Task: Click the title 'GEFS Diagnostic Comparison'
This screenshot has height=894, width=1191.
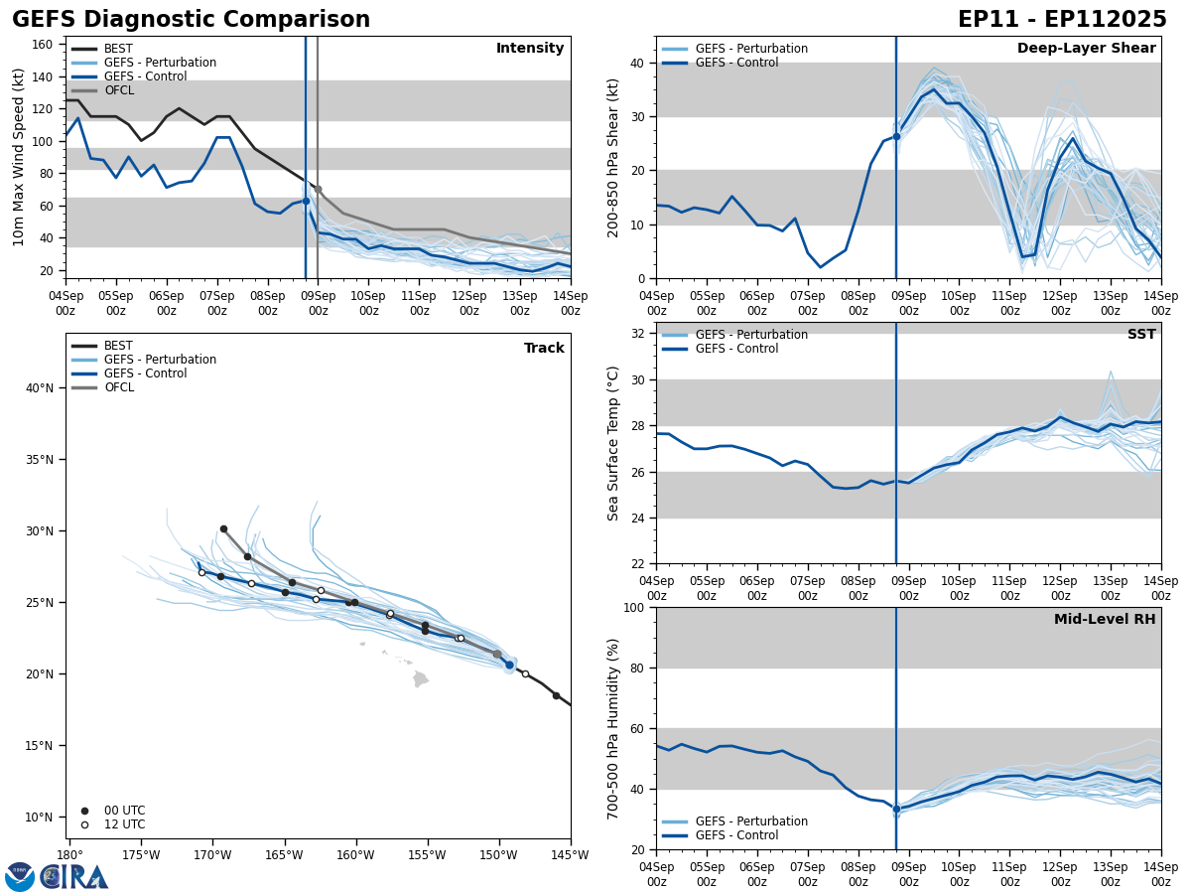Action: click(191, 20)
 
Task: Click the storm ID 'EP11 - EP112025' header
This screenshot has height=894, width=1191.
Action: click(1062, 20)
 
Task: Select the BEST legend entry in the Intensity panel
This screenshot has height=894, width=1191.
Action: click(117, 49)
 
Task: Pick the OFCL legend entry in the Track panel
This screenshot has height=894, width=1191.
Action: click(118, 387)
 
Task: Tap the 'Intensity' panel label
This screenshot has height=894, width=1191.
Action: click(530, 49)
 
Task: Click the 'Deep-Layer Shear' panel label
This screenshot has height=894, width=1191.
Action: click(1086, 49)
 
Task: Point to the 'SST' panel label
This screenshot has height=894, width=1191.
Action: click(1141, 335)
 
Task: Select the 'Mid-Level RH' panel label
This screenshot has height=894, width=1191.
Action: click(1105, 620)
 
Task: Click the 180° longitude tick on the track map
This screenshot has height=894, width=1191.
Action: click(69, 855)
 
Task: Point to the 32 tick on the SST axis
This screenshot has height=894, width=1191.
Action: click(640, 334)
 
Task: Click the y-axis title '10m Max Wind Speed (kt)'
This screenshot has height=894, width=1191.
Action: click(19, 157)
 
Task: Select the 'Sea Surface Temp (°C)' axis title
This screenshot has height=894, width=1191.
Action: click(613, 443)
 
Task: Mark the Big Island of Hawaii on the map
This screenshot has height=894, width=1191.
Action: click(421, 679)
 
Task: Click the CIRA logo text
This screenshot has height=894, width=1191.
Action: click(74, 876)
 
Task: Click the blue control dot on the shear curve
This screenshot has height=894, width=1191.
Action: click(896, 136)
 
